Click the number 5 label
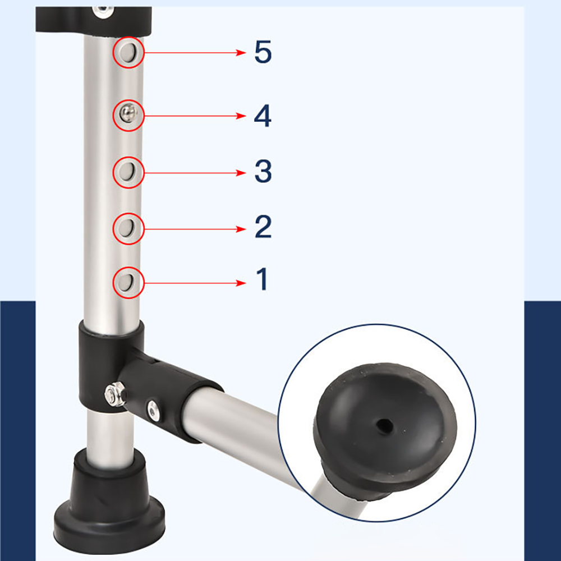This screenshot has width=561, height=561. (x=263, y=52)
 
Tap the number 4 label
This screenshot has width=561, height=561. (x=263, y=116)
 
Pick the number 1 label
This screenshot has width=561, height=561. (x=262, y=279)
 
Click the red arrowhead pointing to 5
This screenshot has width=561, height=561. (x=241, y=53)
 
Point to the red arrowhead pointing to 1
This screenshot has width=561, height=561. (x=241, y=283)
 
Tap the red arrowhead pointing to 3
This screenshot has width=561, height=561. (x=241, y=173)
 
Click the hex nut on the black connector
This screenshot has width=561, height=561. (x=115, y=394)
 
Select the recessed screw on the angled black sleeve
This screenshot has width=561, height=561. (x=153, y=411)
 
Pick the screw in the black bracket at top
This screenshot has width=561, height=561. (x=103, y=11)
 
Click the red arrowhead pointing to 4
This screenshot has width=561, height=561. (x=241, y=116)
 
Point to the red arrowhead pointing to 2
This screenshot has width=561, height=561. (x=241, y=229)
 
